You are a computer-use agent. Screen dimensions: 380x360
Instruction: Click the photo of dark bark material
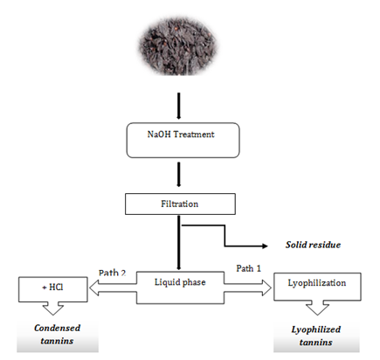(177, 46)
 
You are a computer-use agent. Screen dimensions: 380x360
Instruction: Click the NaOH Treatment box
(183, 140)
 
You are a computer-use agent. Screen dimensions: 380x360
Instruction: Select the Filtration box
(180, 204)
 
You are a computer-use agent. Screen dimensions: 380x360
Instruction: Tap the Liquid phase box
(180, 287)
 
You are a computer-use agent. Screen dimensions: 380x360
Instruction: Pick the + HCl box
(53, 289)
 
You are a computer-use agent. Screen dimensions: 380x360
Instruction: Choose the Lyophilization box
(317, 287)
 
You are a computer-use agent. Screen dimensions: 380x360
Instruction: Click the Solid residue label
(313, 245)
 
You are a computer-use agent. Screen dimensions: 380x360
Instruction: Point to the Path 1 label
(248, 268)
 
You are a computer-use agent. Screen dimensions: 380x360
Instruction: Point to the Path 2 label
(112, 273)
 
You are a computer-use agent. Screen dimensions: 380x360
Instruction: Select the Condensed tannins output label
(57, 334)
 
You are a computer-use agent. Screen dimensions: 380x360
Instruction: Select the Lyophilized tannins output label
(316, 336)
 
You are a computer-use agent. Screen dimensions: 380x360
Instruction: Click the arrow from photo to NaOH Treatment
(179, 106)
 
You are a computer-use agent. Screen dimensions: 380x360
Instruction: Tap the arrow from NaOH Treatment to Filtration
(179, 174)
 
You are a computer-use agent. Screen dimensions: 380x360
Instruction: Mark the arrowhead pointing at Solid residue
(265, 246)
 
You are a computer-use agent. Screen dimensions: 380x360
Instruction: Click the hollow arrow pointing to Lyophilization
(248, 287)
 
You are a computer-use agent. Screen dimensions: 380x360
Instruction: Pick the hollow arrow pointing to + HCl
(113, 287)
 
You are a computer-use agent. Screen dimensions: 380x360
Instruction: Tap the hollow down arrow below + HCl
(53, 308)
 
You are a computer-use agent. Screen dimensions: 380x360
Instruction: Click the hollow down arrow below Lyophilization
(317, 308)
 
